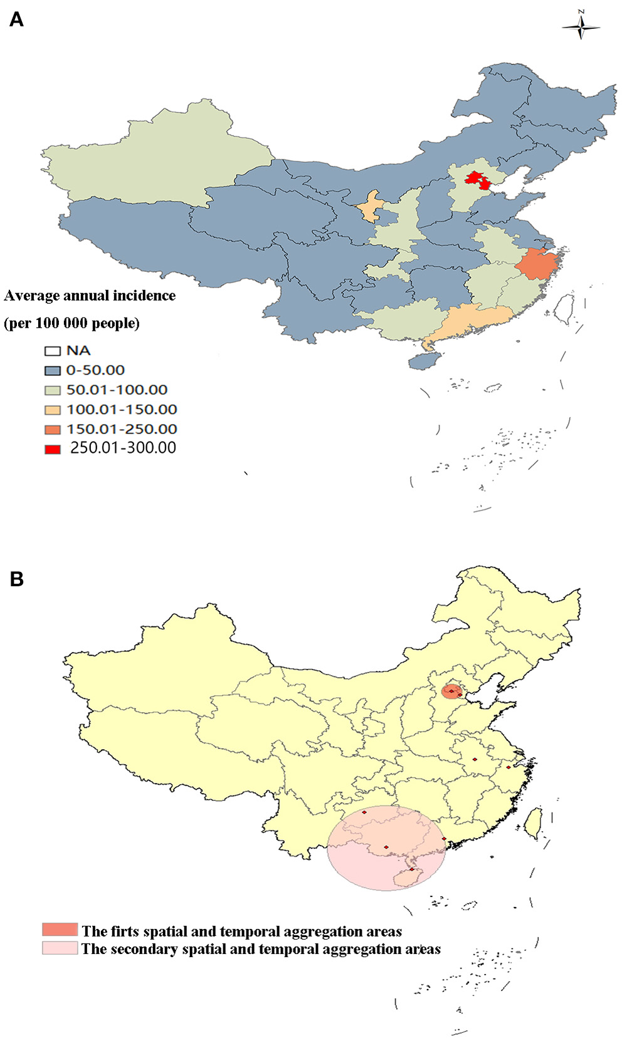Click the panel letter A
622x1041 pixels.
point(16,20)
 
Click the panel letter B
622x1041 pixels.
point(16,579)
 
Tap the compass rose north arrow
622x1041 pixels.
point(581,26)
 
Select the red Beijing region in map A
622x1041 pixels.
point(478,180)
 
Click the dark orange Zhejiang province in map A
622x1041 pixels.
point(537,264)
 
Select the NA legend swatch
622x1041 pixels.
point(53,351)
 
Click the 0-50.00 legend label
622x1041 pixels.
point(95,370)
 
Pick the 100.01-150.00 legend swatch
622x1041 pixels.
point(53,410)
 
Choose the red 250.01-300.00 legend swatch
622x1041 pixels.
point(53,448)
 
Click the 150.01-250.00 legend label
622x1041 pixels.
point(122,429)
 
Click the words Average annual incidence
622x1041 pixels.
point(90,296)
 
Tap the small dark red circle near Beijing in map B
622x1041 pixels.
point(451,691)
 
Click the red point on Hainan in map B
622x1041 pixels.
point(411,869)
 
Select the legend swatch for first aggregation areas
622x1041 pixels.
point(60,930)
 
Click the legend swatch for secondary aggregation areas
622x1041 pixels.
point(60,948)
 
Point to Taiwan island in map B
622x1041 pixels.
point(533,823)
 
